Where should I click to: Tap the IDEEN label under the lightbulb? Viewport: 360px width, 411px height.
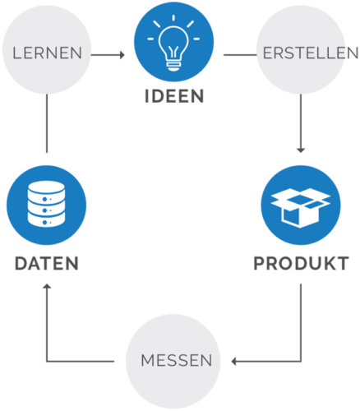click(174, 97)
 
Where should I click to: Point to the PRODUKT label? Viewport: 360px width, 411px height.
click(301, 264)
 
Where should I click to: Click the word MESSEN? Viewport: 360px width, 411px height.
click(177, 361)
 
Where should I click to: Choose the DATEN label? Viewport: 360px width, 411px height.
click(46, 264)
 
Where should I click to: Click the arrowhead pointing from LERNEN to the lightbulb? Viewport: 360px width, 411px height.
click(122, 55)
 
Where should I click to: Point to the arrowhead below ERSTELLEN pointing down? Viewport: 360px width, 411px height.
click(300, 150)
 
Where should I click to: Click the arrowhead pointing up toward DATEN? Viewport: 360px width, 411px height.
click(47, 288)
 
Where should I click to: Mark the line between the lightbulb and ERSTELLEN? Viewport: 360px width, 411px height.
click(238, 55)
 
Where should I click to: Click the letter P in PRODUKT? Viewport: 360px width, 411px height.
click(260, 264)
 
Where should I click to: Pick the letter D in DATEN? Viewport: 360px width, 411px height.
click(21, 264)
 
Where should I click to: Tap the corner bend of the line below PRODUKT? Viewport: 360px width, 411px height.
click(300, 361)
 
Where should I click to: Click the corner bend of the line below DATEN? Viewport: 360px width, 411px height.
click(47, 361)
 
